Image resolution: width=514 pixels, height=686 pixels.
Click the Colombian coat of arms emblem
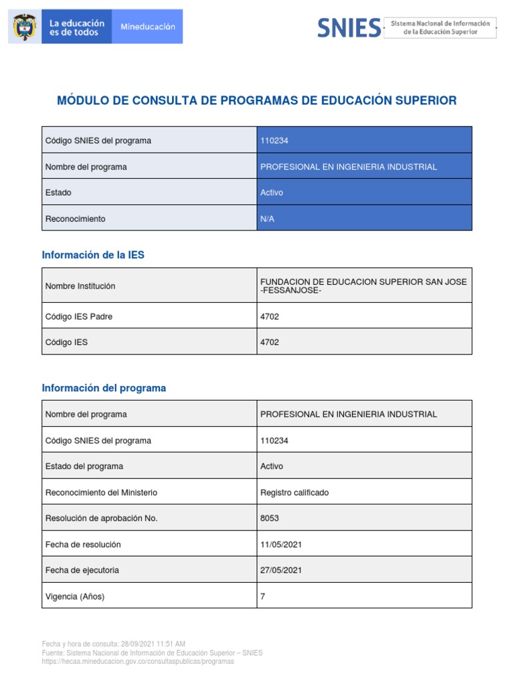pos(25,27)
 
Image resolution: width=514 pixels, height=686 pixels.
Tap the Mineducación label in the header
pos(147,27)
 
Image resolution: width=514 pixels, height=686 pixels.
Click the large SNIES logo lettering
pos(348,27)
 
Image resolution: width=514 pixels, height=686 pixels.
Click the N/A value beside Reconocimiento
pos(267,218)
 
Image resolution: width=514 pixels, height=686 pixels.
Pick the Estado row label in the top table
pos(58,193)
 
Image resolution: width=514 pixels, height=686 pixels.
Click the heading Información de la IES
pos(93,255)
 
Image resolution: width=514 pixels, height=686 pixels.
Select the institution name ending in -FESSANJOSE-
pos(363,286)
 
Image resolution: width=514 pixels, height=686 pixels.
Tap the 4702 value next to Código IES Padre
pos(270,317)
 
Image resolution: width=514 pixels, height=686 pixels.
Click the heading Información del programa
pos(104,388)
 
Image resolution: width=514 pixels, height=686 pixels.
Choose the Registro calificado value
pos(294,492)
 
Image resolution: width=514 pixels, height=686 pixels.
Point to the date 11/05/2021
pos(281,545)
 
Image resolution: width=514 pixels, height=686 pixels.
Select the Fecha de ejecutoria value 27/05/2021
pos(281,570)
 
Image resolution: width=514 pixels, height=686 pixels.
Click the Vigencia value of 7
pos(263,596)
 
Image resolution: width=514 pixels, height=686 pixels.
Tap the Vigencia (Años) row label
pos(75,596)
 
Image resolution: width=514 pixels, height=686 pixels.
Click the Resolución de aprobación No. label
pos(101,519)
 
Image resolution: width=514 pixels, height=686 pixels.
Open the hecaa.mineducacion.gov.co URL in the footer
pos(138,661)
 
